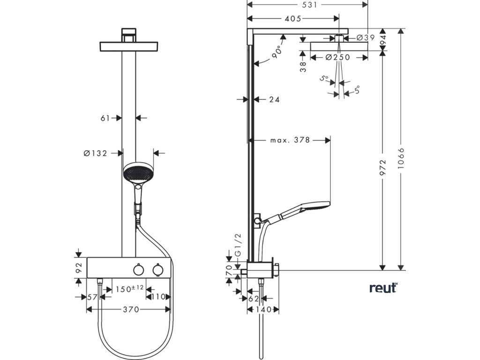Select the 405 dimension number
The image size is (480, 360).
click(x=293, y=19)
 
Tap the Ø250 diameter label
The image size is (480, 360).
click(x=337, y=57)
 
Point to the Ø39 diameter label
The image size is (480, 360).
click(x=366, y=37)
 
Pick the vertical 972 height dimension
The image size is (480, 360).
click(x=382, y=167)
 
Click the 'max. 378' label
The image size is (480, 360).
click(x=290, y=140)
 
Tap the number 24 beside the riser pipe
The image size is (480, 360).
click(x=275, y=99)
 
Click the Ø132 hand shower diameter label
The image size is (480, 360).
click(x=96, y=153)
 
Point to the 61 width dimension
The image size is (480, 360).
click(x=105, y=118)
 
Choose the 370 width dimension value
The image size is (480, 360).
click(x=131, y=309)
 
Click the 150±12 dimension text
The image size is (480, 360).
click(x=130, y=289)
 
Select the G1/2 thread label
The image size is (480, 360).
click(x=238, y=245)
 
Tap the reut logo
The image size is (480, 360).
click(x=383, y=288)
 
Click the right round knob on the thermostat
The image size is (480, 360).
click(x=157, y=270)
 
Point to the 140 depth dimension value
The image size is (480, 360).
click(x=263, y=309)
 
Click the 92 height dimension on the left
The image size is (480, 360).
click(x=79, y=268)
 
